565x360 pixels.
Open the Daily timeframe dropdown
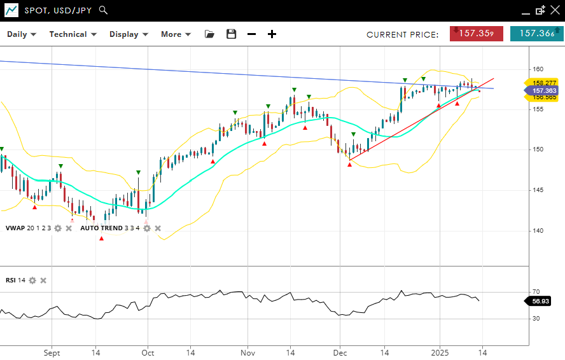click(x=21, y=34)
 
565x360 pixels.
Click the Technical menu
click(x=73, y=34)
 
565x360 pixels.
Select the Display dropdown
click(x=129, y=34)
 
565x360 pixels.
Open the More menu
click(x=176, y=34)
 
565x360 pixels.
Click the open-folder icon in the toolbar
click(x=209, y=34)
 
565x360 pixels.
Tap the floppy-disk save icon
click(x=231, y=34)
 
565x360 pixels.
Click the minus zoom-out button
click(x=251, y=34)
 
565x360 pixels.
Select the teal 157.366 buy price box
click(x=536, y=34)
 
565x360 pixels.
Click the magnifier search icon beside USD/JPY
click(x=104, y=10)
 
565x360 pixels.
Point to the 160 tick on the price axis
click(x=538, y=69)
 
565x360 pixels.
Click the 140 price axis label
click(x=538, y=230)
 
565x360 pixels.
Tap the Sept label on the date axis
click(x=52, y=352)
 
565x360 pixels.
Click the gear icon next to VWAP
click(x=58, y=228)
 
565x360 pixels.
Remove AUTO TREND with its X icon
click(x=158, y=228)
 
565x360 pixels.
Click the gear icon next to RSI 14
click(x=32, y=280)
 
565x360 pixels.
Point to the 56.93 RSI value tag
click(x=540, y=301)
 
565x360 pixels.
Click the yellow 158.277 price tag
click(x=544, y=83)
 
